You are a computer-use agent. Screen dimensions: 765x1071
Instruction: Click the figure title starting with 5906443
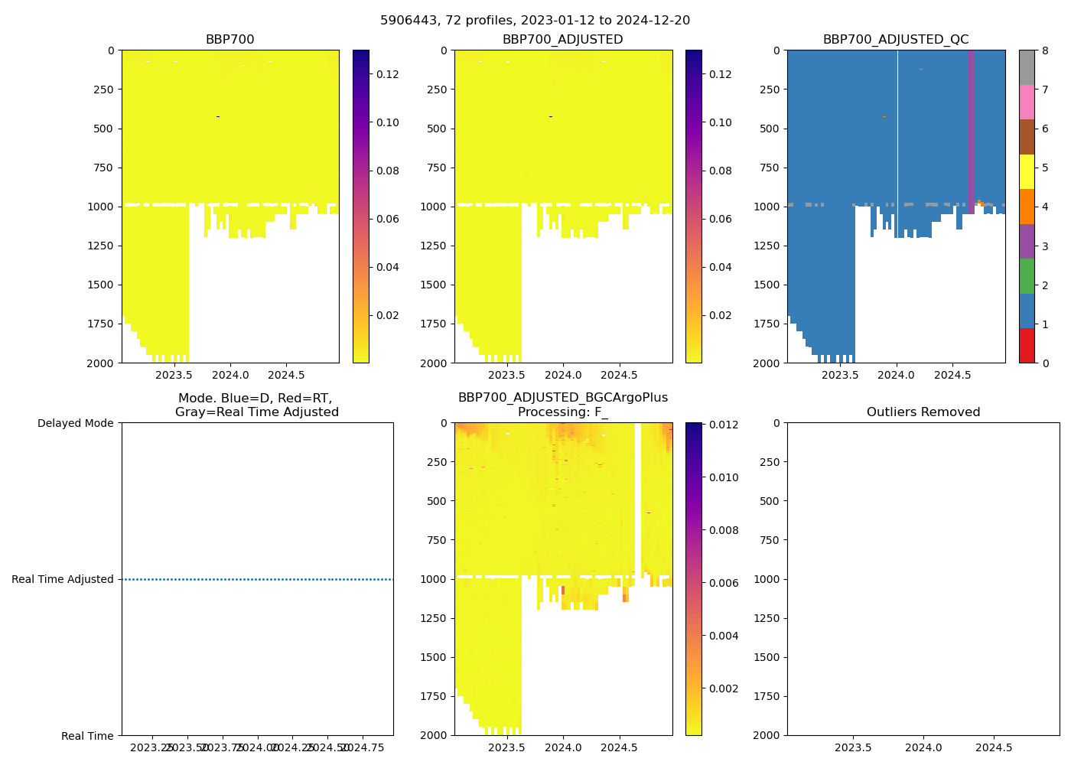(535, 21)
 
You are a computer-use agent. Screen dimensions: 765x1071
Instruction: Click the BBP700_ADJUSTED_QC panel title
(896, 40)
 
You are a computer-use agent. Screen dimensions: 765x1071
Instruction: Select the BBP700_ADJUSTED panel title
(562, 40)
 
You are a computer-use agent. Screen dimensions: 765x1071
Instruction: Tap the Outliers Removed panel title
(923, 412)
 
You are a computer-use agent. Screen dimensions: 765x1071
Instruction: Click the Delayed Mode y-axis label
(75, 423)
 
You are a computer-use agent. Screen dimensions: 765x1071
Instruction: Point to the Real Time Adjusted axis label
(63, 579)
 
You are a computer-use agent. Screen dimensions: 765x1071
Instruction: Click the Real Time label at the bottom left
(87, 736)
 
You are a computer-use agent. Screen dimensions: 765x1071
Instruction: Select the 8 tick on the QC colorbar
(1045, 50)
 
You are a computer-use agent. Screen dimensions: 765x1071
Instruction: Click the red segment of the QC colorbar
(1027, 345)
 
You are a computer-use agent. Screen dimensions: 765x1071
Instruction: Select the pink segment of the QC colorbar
(1027, 102)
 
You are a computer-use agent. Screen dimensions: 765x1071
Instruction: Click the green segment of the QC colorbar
(1027, 275)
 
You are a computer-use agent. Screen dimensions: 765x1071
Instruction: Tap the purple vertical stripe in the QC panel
(971, 130)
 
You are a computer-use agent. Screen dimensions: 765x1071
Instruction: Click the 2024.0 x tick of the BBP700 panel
(230, 375)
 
